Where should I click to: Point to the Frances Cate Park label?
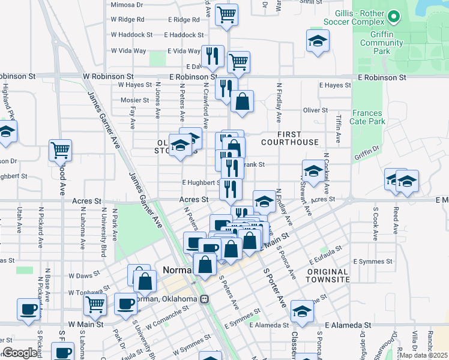click(368, 117)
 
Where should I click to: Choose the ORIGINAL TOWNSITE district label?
click(327, 276)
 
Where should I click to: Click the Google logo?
click(20, 353)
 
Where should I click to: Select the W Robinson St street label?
click(109, 77)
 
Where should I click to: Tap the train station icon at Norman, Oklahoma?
click(204, 299)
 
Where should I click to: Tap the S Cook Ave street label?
click(375, 220)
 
